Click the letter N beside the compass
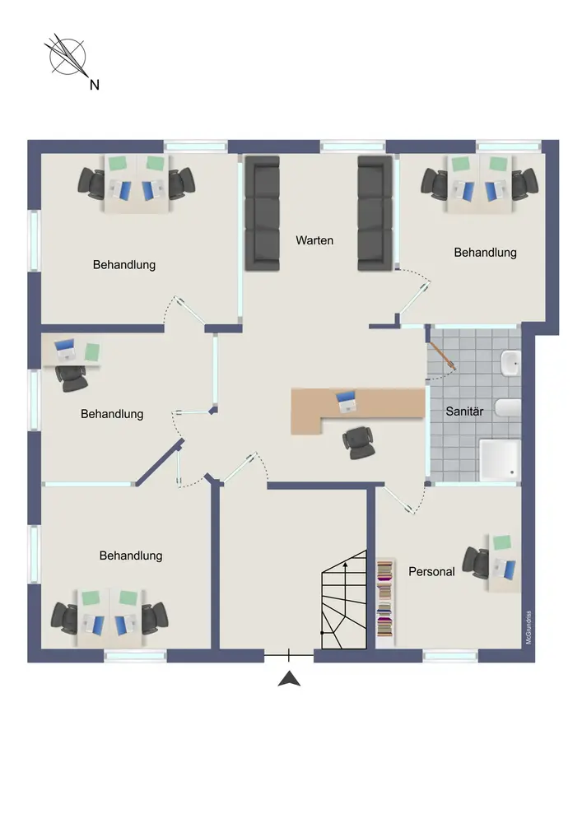(x=94, y=84)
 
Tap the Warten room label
(x=315, y=240)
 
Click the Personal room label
(x=431, y=571)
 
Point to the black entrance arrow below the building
(x=288, y=679)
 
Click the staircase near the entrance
(x=343, y=600)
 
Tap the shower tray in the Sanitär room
(x=499, y=459)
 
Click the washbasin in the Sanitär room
(x=510, y=362)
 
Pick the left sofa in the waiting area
(x=263, y=213)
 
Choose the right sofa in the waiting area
(x=374, y=213)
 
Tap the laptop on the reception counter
(x=347, y=402)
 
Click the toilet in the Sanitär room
(x=509, y=407)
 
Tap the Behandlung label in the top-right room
(x=485, y=253)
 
